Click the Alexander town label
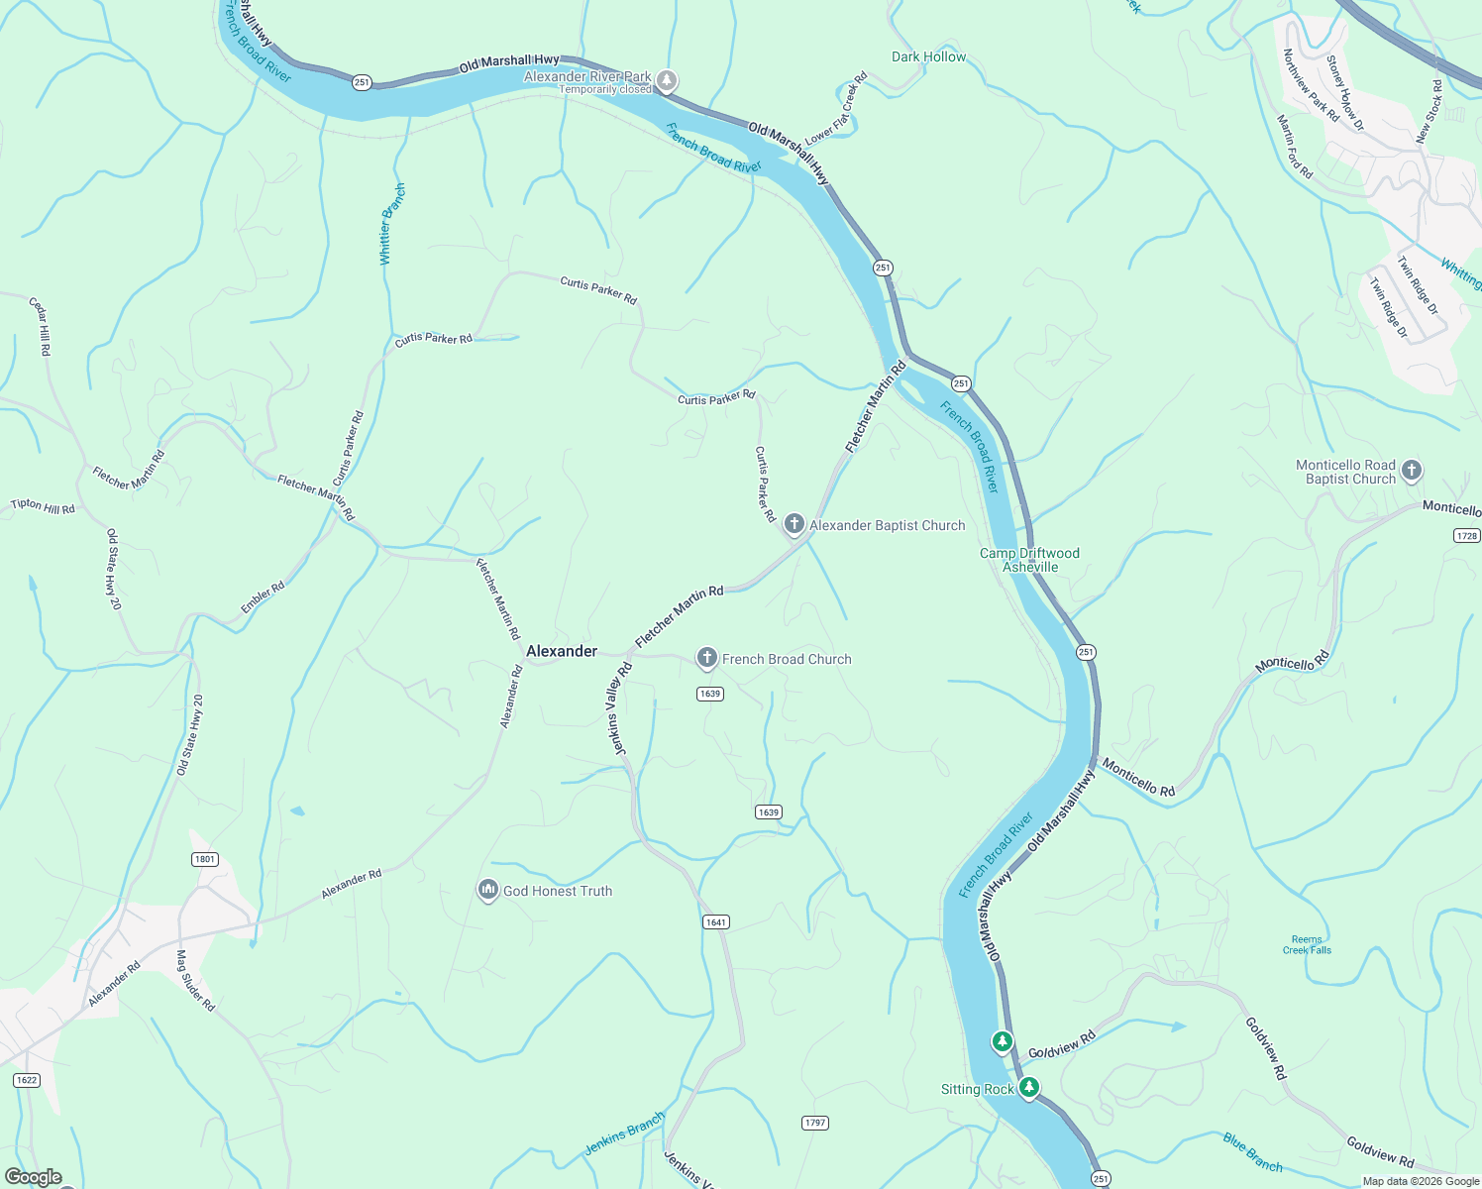(562, 651)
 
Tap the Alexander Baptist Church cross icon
(794, 524)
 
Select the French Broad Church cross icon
(706, 658)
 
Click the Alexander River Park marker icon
(668, 80)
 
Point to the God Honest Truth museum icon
(487, 891)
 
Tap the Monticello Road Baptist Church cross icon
(1412, 471)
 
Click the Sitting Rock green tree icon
(1029, 1088)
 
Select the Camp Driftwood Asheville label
(1029, 560)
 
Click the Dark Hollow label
(928, 56)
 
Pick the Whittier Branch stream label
(392, 224)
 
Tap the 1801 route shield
(205, 859)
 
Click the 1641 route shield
(716, 921)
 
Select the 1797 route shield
(814, 1123)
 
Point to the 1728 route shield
(1467, 535)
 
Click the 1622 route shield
(27, 1079)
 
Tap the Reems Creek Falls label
(1307, 944)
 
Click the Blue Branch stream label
(1252, 1152)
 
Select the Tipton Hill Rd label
(43, 506)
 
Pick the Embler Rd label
(263, 596)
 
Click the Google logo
(34, 1177)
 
